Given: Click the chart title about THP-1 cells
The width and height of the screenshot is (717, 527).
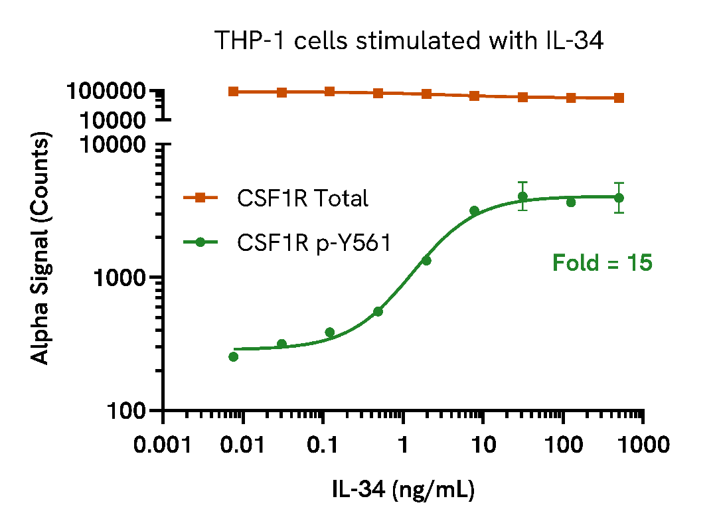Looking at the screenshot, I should click(x=408, y=41).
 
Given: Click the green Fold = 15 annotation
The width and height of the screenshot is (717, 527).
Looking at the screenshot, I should click(x=602, y=263).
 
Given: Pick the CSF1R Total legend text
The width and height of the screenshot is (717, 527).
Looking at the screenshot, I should click(x=302, y=198).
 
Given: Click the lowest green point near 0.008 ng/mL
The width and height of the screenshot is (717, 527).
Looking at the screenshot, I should click(x=233, y=357).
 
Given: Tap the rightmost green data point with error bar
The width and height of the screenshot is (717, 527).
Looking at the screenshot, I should click(x=619, y=198).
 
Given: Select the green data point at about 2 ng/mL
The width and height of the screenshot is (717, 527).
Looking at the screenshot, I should click(x=426, y=261).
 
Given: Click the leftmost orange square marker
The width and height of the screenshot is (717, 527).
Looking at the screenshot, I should click(x=233, y=92).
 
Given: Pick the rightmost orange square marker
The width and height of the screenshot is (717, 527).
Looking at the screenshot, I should click(x=619, y=98).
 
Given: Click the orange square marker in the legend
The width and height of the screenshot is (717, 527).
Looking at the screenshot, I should click(x=200, y=198).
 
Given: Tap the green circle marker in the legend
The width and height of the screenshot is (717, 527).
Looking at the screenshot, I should click(x=200, y=243).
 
